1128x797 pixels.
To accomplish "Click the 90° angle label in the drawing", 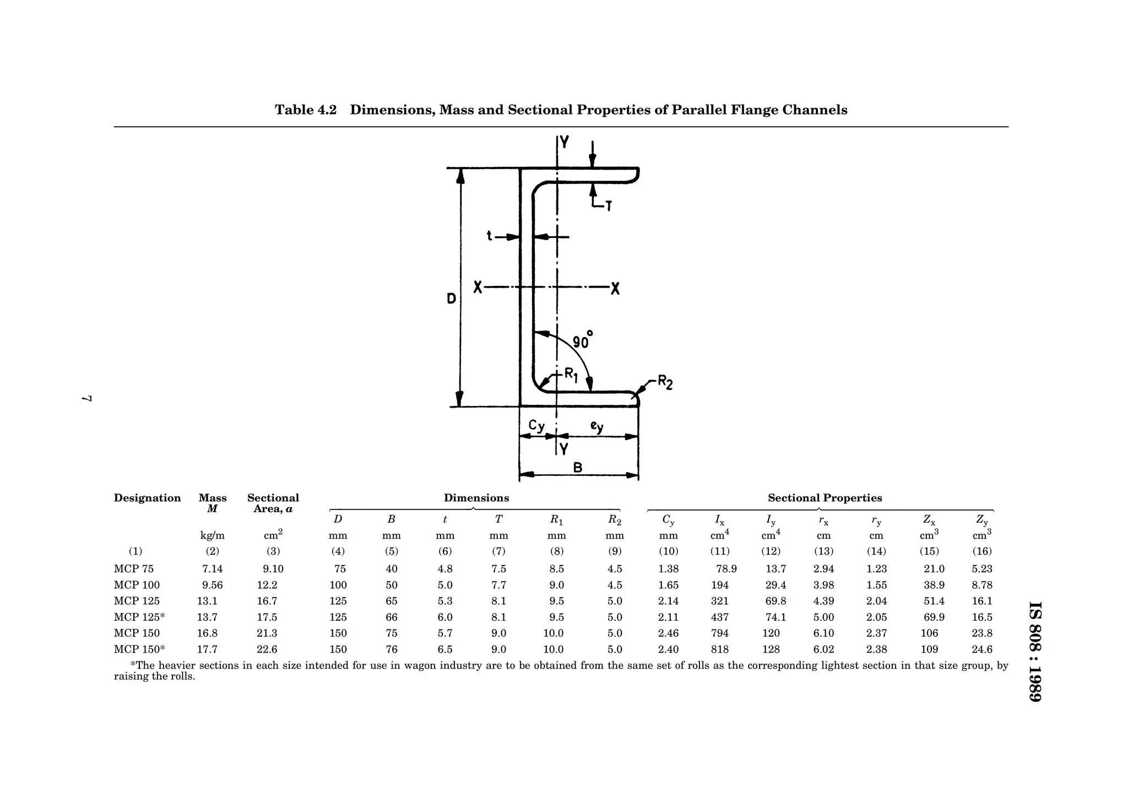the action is click(582, 341).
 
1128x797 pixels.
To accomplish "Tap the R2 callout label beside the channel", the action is click(665, 382).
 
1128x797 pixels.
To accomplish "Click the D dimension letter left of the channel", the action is click(451, 299).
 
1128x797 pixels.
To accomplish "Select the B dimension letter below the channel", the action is click(578, 468).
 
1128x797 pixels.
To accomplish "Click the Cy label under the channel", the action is click(536, 426).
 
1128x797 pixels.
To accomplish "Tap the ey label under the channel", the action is click(596, 426).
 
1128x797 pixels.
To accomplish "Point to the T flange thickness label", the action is click(608, 207).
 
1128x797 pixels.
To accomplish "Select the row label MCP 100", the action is click(137, 585).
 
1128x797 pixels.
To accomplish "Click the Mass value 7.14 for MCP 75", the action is click(212, 569).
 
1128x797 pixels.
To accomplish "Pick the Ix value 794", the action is click(720, 633).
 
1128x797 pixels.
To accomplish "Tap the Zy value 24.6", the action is click(982, 649).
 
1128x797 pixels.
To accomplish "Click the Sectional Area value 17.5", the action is click(267, 617).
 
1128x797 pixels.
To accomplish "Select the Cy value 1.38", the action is click(668, 569).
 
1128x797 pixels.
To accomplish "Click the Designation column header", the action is click(147, 498).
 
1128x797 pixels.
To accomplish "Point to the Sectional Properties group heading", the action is click(825, 498).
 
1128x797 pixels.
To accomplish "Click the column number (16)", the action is click(982, 551).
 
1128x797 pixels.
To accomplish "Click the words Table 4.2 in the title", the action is click(306, 110).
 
